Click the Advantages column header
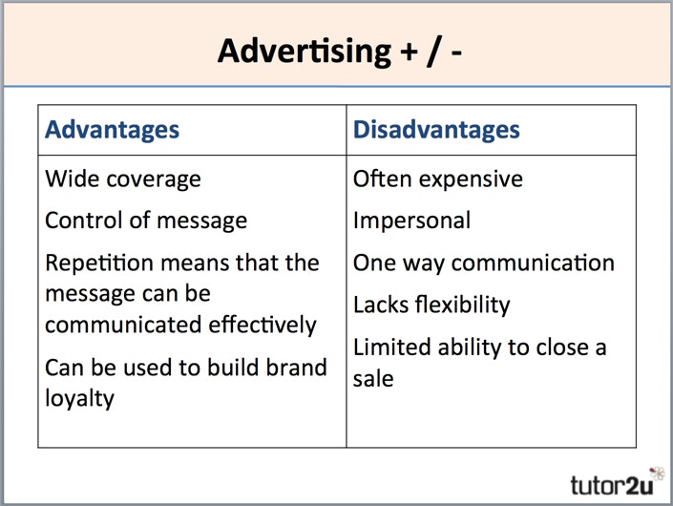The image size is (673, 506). pos(112,130)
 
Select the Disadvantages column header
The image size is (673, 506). pos(436,130)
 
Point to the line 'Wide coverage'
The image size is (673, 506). pos(123,179)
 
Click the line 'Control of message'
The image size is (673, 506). pos(146,221)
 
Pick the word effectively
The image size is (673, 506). pos(259,325)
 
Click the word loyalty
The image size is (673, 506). pos(79,398)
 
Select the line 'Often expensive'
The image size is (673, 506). pos(438,179)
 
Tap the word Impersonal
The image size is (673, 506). pos(411,221)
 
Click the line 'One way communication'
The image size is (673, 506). pos(484,263)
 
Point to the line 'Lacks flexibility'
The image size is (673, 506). pos(431,306)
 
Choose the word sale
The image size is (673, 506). pos(373,378)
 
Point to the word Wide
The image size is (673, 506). pos(69,179)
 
